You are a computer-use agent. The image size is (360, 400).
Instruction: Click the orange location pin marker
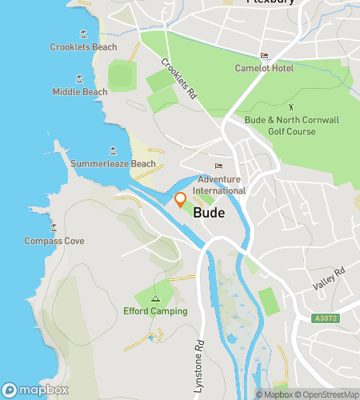tap(181, 202)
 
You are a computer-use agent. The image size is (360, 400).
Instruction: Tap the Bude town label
tap(208, 214)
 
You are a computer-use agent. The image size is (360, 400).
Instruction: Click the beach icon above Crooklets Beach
tap(84, 34)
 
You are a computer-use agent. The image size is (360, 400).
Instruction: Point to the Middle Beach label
tap(80, 92)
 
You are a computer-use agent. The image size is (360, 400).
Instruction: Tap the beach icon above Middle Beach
tap(79, 78)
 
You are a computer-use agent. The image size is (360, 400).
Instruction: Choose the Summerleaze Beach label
tap(113, 164)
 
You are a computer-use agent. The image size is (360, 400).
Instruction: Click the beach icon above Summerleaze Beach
tap(113, 150)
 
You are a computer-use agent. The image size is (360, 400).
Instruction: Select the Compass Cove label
tap(54, 241)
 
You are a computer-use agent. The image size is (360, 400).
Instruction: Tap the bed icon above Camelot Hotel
tap(264, 55)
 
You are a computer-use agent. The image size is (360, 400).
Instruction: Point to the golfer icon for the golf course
tap(291, 106)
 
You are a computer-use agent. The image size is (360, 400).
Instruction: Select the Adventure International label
tap(219, 186)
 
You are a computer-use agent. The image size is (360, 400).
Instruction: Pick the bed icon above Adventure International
tap(218, 166)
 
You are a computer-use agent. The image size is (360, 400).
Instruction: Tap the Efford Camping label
tap(155, 311)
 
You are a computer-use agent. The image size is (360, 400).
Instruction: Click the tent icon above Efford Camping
tap(155, 298)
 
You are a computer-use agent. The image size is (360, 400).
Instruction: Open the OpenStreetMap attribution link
tap(329, 394)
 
